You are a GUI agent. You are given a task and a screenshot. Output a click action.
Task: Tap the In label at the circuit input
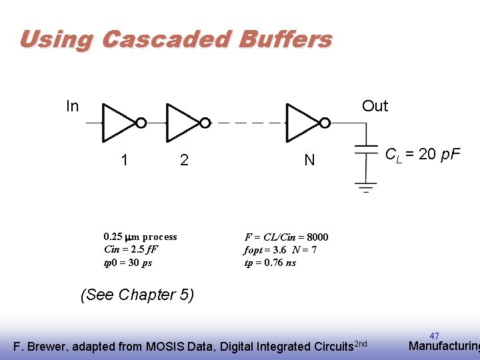coord(73,106)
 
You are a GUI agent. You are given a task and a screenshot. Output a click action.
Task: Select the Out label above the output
coord(375,106)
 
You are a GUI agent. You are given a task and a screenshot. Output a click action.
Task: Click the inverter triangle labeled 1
coord(118,123)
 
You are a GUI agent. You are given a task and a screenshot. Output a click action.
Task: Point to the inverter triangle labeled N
coord(302,123)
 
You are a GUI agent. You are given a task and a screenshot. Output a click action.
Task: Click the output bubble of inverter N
coord(325,123)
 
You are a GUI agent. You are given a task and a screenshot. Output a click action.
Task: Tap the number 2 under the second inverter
coord(184,160)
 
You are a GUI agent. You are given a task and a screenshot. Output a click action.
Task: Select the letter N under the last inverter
coord(309,160)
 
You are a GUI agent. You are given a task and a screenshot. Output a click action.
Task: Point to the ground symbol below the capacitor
coord(365,185)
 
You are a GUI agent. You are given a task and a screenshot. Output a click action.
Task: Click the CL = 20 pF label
coord(423,155)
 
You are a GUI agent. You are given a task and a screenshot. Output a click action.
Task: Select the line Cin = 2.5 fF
coord(131,249)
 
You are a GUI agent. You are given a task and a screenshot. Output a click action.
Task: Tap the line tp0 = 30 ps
coord(128,263)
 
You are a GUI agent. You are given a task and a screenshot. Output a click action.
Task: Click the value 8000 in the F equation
coord(317,237)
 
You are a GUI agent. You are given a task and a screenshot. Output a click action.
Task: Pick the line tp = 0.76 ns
coord(270,263)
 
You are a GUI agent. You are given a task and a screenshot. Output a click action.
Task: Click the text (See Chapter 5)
coord(137,295)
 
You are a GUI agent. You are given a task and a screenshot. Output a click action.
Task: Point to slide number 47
coord(434,336)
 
